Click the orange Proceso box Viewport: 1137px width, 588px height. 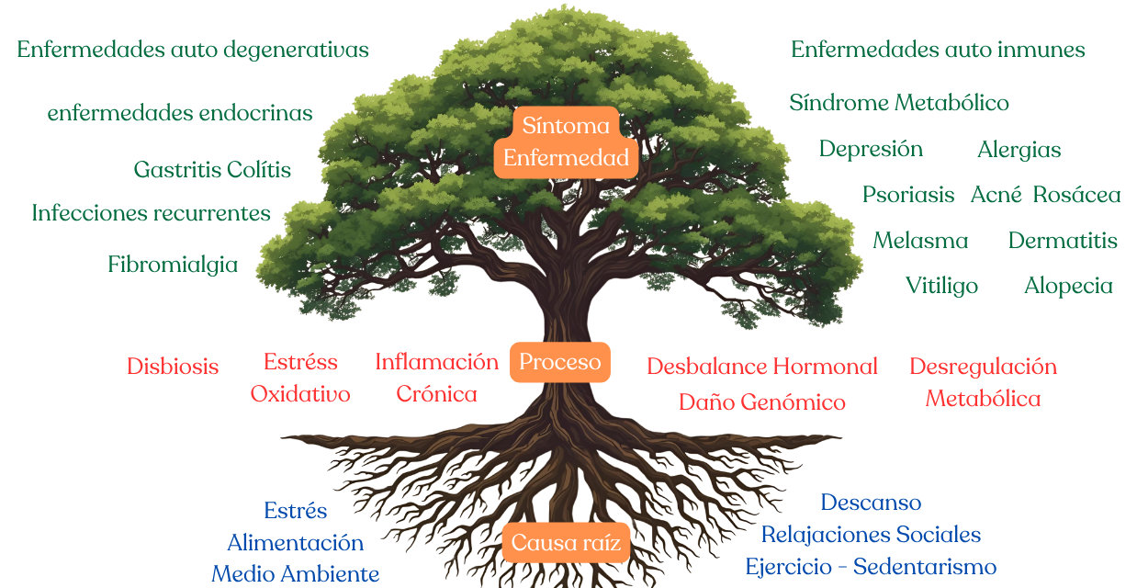[x=560, y=362]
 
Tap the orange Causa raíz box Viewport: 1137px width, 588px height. [x=566, y=543]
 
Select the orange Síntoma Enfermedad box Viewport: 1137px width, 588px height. [x=566, y=141]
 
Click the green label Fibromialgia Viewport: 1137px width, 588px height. [x=173, y=265]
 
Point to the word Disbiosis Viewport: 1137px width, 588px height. [x=173, y=367]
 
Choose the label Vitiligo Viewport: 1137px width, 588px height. [x=941, y=286]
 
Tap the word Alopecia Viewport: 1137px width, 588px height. [x=1068, y=286]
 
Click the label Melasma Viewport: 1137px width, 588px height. [x=920, y=241]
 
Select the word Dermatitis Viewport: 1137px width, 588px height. [x=1063, y=241]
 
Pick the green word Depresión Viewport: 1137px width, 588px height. [x=871, y=149]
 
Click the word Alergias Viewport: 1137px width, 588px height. [x=1019, y=150]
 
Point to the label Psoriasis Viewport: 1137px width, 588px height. [x=908, y=195]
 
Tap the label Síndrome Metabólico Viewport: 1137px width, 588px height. [x=899, y=103]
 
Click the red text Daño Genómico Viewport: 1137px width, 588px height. [x=761, y=402]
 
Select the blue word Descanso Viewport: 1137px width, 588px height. [x=871, y=503]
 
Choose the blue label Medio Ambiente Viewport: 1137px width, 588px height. [x=295, y=574]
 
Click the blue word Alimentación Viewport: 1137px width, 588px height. [x=295, y=542]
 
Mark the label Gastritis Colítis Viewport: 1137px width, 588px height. [x=212, y=170]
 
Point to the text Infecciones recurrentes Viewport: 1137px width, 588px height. [x=152, y=213]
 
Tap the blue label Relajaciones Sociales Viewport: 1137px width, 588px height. [x=871, y=534]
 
